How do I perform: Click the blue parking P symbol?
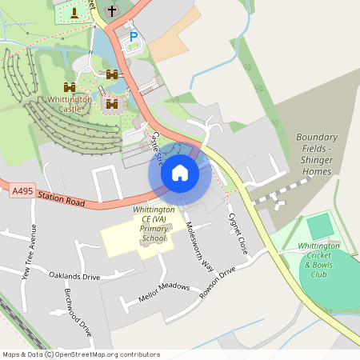pyautogui.click(x=134, y=36)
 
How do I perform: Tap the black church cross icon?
pyautogui.click(x=111, y=11)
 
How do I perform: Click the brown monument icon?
pyautogui.click(x=74, y=13)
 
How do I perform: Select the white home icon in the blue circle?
pyautogui.click(x=180, y=172)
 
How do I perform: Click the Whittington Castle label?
pyautogui.click(x=70, y=103)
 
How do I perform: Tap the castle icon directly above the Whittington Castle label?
pyautogui.click(x=70, y=86)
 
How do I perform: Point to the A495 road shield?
pyautogui.click(x=22, y=192)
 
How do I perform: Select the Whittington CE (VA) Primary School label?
pyautogui.click(x=149, y=223)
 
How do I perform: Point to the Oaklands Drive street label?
pyautogui.click(x=74, y=276)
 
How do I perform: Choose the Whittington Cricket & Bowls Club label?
pyautogui.click(x=319, y=259)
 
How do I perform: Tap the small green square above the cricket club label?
pyautogui.click(x=319, y=226)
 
